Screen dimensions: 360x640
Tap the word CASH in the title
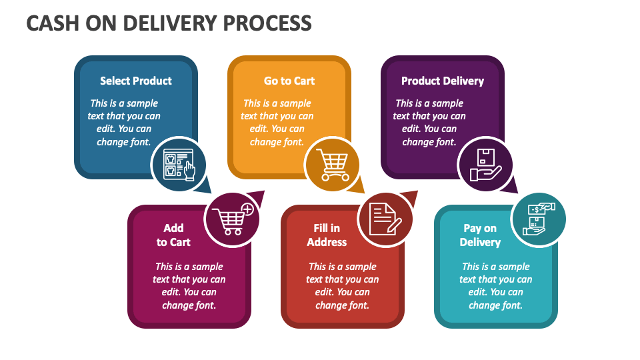pyautogui.click(x=51, y=23)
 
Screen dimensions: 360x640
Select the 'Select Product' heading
pyautogui.click(x=136, y=81)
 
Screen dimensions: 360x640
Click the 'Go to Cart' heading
pyautogui.click(x=289, y=81)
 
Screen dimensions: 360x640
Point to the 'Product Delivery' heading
pyautogui.click(x=443, y=81)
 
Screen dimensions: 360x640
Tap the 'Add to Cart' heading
pyautogui.click(x=173, y=235)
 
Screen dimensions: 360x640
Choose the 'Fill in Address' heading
pyautogui.click(x=327, y=235)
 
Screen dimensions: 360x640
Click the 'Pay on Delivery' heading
pyautogui.click(x=480, y=235)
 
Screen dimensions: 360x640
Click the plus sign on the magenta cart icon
pyautogui.click(x=247, y=209)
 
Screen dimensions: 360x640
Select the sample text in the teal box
pyautogui.click(x=496, y=286)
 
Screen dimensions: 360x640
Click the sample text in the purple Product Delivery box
pyautogui.click(x=429, y=123)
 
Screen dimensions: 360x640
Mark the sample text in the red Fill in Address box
pyautogui.click(x=343, y=286)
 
